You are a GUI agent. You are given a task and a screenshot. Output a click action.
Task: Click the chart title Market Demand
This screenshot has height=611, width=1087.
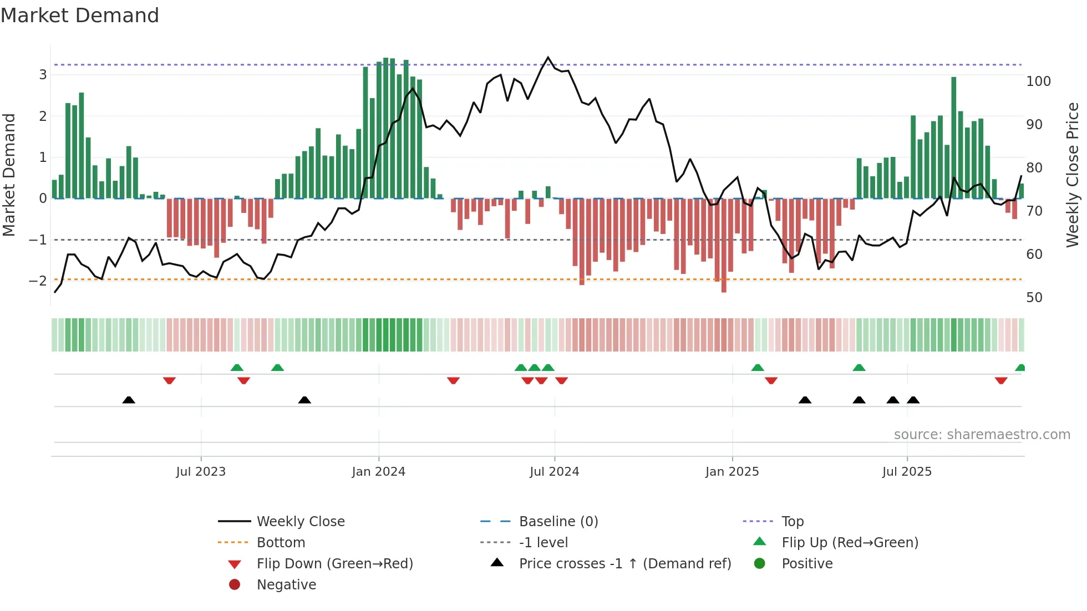click(x=80, y=16)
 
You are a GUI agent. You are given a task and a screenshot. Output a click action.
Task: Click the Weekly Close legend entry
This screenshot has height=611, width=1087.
click(x=300, y=521)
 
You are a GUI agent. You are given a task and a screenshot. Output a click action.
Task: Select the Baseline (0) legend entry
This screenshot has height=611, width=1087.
click(x=558, y=521)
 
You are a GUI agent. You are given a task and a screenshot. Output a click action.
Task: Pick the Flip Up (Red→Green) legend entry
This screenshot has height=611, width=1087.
click(x=850, y=542)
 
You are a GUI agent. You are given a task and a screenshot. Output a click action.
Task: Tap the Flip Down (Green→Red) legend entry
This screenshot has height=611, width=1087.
click(x=334, y=563)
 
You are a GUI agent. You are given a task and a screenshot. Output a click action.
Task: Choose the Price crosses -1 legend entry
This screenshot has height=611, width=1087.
click(x=624, y=563)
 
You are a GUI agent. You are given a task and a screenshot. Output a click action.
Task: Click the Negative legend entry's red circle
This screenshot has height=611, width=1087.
click(x=235, y=584)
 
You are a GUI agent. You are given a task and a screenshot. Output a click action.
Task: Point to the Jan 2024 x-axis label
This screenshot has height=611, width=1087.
click(x=379, y=472)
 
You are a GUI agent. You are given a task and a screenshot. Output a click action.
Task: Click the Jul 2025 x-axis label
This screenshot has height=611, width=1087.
click(x=907, y=472)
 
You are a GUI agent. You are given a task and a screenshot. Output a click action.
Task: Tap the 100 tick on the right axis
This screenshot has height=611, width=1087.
click(x=1038, y=82)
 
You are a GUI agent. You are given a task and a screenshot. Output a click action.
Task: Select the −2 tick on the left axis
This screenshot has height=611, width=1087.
click(x=38, y=281)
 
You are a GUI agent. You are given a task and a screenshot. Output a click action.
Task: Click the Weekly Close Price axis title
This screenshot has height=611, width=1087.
click(x=1073, y=175)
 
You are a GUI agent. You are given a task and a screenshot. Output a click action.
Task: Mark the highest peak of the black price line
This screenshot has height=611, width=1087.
click(x=548, y=58)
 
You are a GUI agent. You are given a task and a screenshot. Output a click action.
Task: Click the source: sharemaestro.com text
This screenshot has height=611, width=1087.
click(x=982, y=435)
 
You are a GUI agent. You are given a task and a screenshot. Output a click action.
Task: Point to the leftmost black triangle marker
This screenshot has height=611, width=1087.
click(x=129, y=400)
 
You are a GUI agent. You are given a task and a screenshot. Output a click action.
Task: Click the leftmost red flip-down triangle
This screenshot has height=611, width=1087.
click(x=169, y=380)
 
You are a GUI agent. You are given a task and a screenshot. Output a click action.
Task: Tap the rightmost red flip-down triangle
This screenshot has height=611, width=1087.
click(x=1001, y=380)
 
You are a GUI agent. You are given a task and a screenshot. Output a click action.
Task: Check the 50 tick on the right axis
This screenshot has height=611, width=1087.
click(x=1034, y=298)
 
